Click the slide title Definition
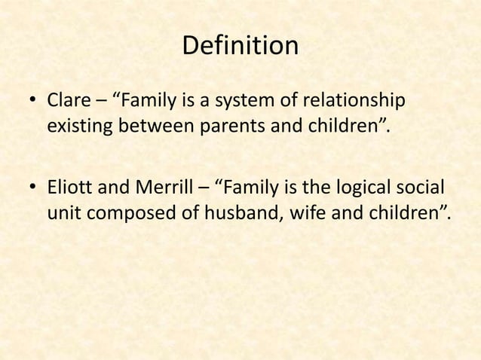pos(240,47)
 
